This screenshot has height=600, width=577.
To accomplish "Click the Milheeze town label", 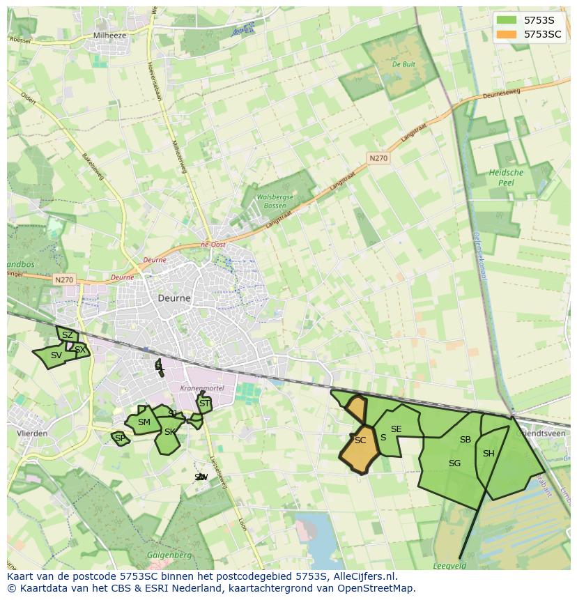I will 110,35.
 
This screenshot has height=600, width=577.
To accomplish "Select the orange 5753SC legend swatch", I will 507,34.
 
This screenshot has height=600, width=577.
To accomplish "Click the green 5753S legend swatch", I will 507,20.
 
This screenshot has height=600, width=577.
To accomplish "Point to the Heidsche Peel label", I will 506,177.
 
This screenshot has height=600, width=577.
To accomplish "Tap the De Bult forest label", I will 404,64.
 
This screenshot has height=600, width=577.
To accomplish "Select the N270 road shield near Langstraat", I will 378,158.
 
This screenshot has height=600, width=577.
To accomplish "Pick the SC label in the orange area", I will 360,440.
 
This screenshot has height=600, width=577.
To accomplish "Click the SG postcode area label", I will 455,463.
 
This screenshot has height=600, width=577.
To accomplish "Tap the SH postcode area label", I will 488,454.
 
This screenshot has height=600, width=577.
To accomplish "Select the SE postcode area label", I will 397,429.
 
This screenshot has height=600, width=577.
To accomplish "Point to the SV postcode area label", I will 56,355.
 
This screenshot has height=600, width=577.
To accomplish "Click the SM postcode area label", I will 144,422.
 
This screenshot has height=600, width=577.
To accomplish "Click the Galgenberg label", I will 165,555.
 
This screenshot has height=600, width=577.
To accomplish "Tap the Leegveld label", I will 449,567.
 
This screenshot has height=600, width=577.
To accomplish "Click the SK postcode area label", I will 170,432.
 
